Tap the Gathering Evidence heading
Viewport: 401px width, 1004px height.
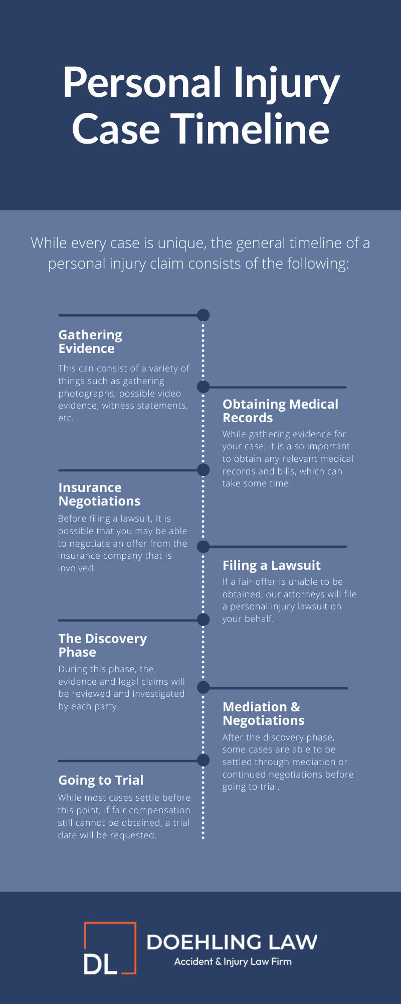(90, 341)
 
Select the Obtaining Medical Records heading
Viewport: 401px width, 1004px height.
(280, 411)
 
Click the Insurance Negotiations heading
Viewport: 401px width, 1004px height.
(99, 494)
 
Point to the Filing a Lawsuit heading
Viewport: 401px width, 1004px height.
(271, 565)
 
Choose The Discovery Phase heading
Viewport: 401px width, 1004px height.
(102, 645)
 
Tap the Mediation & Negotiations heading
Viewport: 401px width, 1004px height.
(263, 713)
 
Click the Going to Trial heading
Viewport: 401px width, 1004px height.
(101, 780)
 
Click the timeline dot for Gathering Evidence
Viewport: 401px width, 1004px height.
(203, 315)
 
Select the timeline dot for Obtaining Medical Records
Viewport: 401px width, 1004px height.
(203, 387)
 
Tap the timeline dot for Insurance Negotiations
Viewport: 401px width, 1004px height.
(203, 470)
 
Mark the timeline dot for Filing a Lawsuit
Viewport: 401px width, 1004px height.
(203, 546)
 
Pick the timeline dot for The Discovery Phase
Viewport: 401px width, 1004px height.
(203, 619)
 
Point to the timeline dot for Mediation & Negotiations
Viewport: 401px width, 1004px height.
(203, 687)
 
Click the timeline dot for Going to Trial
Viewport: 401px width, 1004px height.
(203, 760)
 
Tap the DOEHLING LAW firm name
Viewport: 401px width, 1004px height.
(232, 942)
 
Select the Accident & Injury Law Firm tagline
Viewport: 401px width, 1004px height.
(233, 962)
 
